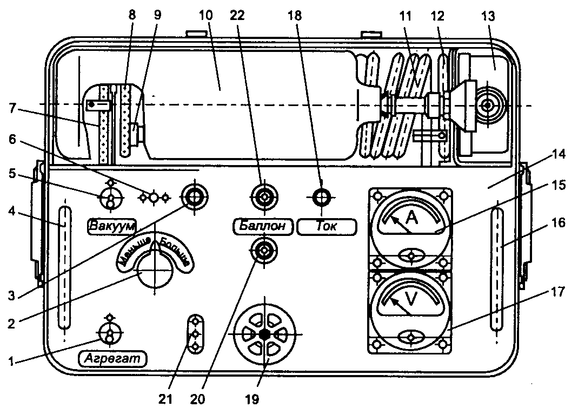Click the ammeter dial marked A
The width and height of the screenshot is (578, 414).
[411, 222]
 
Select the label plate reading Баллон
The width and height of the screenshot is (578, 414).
[263, 226]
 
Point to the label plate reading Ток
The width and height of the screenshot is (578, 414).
[327, 226]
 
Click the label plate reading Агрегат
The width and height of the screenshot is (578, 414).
[113, 358]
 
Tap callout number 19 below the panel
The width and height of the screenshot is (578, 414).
[251, 400]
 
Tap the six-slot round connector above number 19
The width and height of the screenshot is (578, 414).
[264, 334]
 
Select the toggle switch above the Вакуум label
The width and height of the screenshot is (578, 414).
[110, 198]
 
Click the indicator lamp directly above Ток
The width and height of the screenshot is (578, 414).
[322, 197]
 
